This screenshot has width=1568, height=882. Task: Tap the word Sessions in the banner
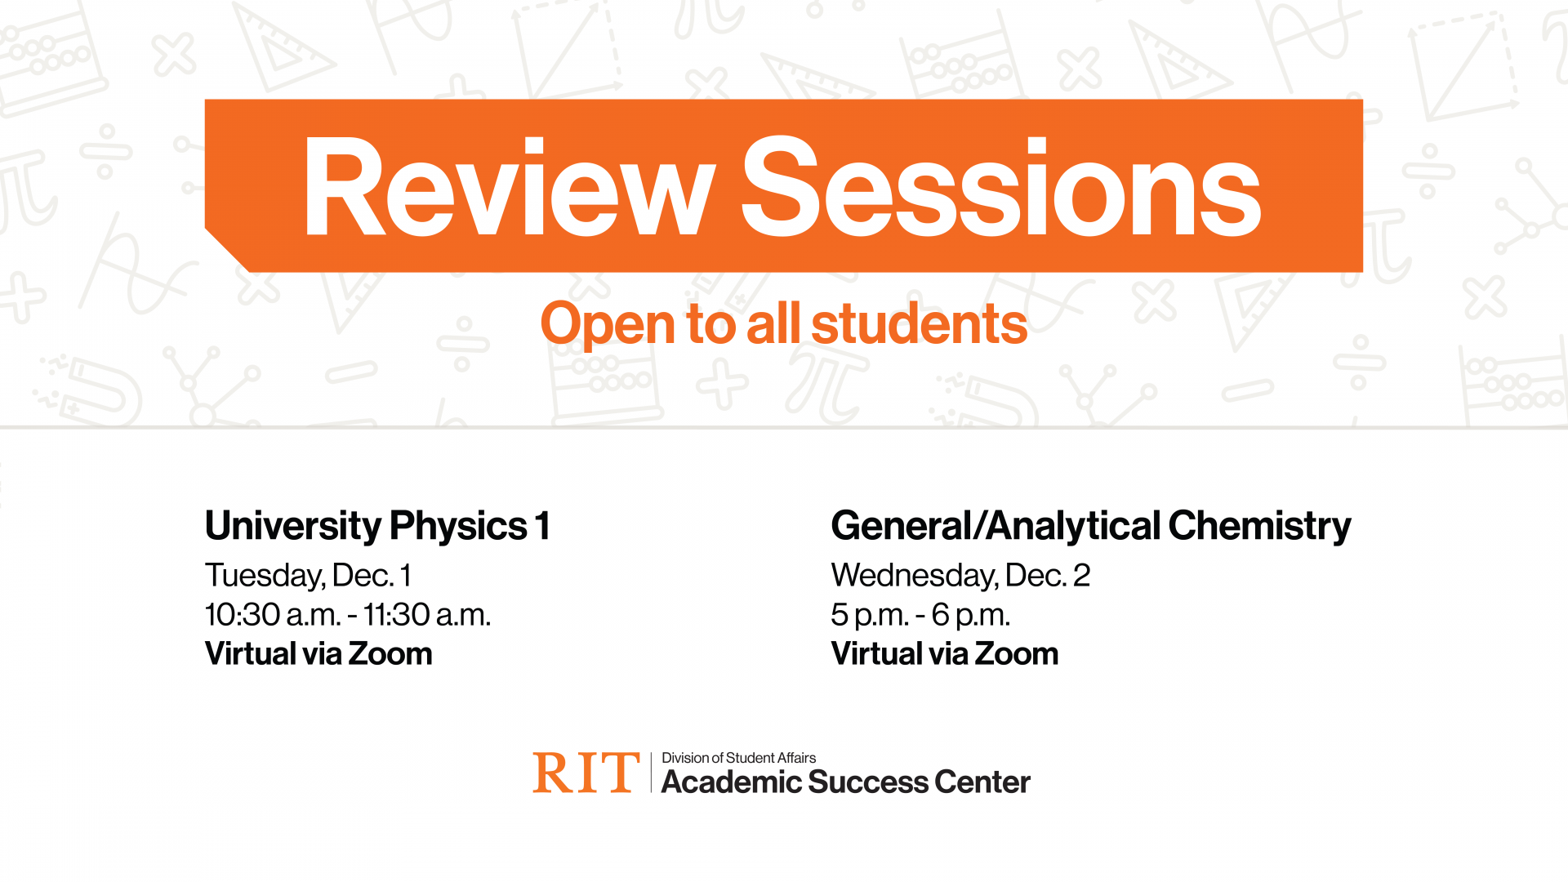tap(1000, 188)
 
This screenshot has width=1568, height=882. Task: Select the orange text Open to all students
tap(783, 323)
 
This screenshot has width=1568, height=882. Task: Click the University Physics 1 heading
tap(377, 526)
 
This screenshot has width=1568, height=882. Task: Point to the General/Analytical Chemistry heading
tap(1090, 526)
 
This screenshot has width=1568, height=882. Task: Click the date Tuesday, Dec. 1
tap(308, 576)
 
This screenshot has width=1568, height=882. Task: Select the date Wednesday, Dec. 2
tap(960, 576)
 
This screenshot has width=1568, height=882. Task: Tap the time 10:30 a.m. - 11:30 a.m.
tap(348, 615)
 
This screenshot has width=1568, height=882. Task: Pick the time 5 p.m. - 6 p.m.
tap(920, 615)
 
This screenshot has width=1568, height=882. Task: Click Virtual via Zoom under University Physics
tap(318, 654)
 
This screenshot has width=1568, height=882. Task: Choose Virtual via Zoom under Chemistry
tap(945, 654)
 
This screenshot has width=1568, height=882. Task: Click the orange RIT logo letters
tap(586, 773)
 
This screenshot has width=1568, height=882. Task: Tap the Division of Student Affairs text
tap(738, 758)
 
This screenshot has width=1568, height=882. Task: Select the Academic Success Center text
tap(845, 782)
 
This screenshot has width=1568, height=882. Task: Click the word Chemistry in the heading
tap(1259, 526)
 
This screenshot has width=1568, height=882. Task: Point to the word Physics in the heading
tap(458, 526)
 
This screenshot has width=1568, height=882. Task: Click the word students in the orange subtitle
tap(919, 323)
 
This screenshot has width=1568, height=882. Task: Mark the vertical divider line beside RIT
tap(651, 773)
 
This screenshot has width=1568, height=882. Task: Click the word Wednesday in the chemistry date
tap(914, 576)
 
